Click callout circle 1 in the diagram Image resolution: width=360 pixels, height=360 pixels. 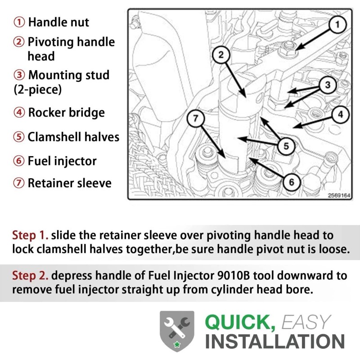(x=337, y=24)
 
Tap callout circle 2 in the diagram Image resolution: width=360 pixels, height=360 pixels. (x=221, y=54)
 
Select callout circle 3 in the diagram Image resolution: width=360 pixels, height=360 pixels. (x=328, y=85)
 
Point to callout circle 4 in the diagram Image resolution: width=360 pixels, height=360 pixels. (x=341, y=114)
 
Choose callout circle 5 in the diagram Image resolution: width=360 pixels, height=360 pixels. (x=286, y=146)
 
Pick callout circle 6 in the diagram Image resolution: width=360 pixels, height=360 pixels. (x=291, y=182)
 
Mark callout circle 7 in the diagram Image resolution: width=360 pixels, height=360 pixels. (x=195, y=118)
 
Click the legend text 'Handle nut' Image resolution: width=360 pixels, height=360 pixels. (x=58, y=22)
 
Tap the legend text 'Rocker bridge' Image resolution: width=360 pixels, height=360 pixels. (x=66, y=112)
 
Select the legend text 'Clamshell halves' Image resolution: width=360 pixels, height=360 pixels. (x=73, y=137)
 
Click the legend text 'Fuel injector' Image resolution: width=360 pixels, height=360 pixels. (x=62, y=161)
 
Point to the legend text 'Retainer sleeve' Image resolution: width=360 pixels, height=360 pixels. (x=70, y=183)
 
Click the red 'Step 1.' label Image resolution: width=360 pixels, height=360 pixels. (x=30, y=235)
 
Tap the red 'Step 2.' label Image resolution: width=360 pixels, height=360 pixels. (x=30, y=275)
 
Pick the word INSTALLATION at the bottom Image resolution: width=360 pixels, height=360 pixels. (x=275, y=342)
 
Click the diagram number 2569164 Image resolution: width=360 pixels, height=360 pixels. (x=339, y=195)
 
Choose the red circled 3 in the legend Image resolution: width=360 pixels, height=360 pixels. (x=19, y=75)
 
